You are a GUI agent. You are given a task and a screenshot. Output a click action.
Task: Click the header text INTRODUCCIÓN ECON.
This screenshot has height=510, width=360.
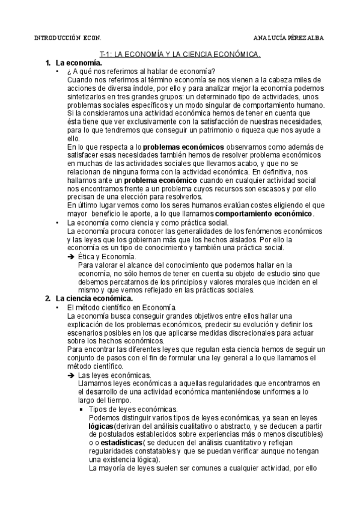(x=62, y=37)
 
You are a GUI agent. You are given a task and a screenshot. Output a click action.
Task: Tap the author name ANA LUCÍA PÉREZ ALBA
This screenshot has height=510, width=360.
(x=288, y=37)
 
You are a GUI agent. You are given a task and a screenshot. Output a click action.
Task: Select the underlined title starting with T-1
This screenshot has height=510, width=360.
(x=180, y=54)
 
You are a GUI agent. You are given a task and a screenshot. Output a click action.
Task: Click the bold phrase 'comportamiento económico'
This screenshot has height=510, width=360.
(x=264, y=214)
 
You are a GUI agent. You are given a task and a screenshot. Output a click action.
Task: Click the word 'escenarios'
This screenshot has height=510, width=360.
(x=87, y=333)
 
